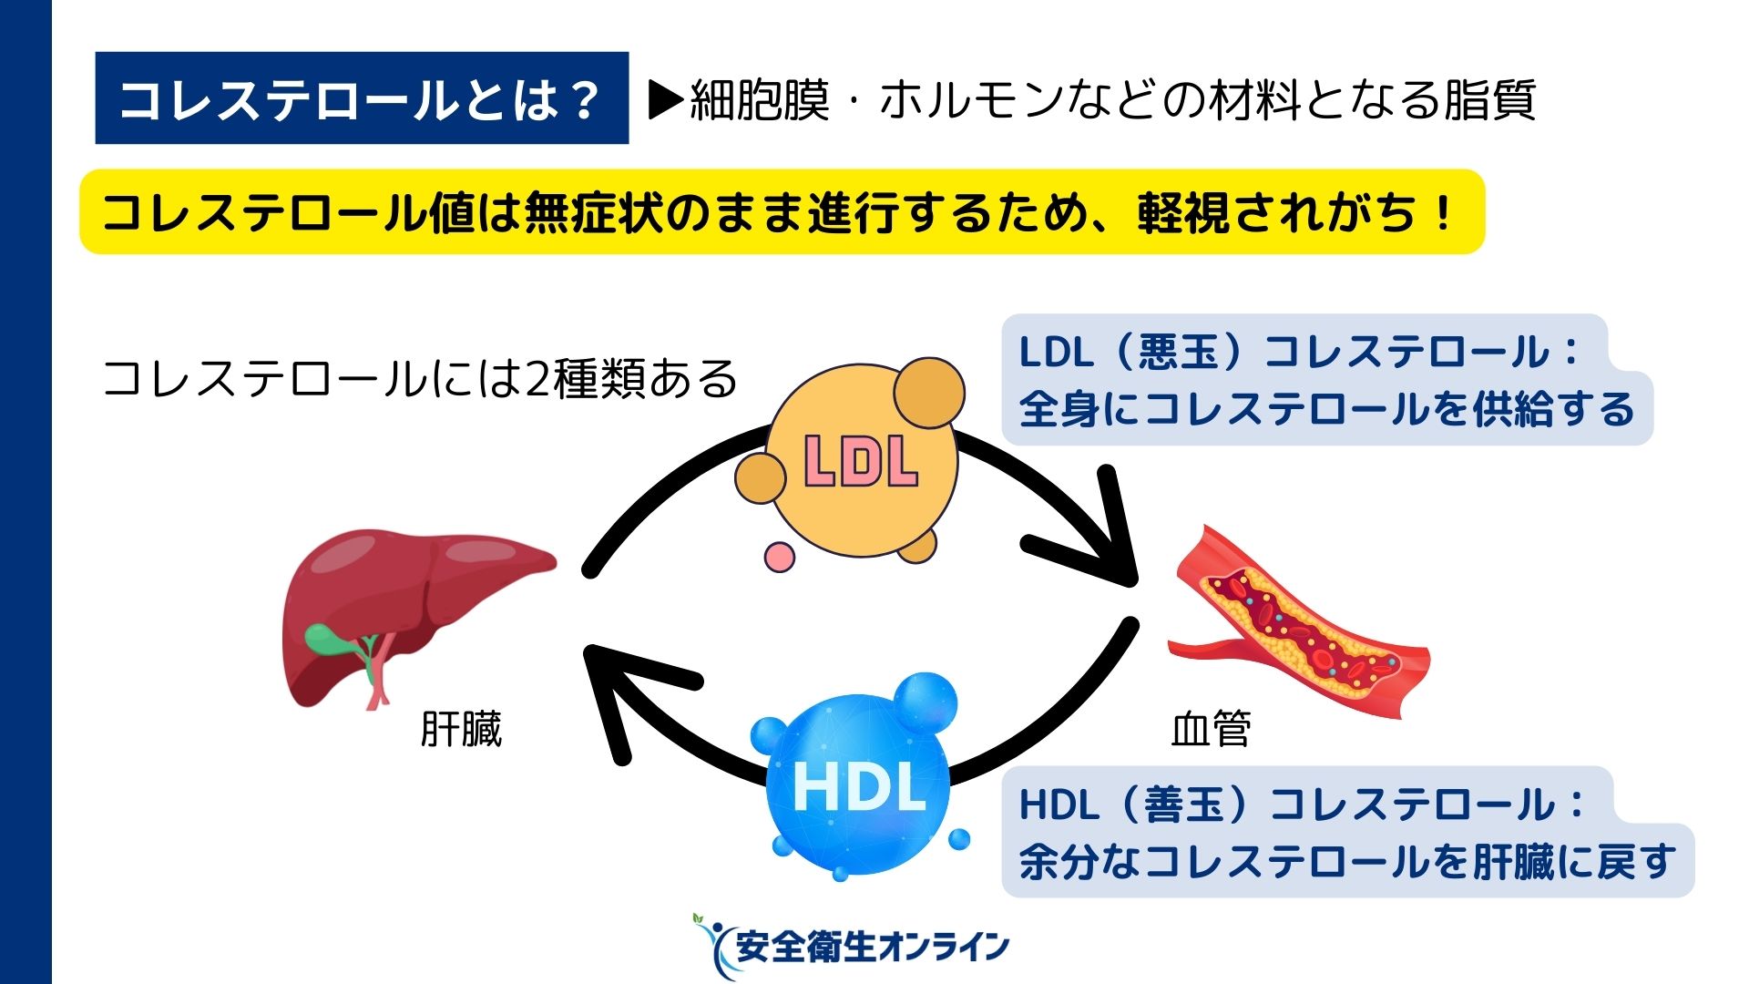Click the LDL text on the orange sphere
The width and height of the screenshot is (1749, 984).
tap(861, 461)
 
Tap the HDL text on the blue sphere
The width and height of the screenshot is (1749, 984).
tap(859, 786)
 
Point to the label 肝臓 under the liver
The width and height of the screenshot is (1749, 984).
tap(461, 729)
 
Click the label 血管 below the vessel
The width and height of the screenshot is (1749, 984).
tap(1211, 729)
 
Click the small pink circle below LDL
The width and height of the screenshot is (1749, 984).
tap(779, 557)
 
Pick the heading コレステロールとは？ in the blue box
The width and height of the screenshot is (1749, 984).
tap(361, 99)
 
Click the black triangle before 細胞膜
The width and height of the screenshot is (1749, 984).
tap(666, 100)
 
